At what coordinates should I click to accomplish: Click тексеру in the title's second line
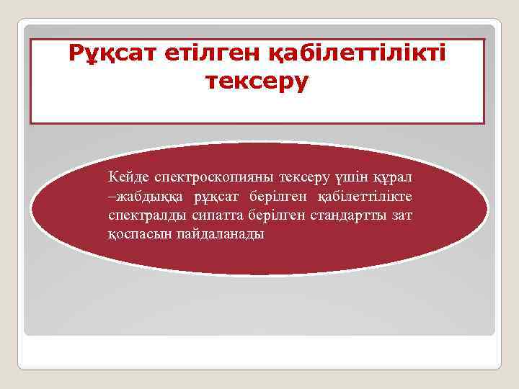click(x=257, y=81)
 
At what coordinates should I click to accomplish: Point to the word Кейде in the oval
click(x=126, y=176)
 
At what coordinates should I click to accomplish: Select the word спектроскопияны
click(x=209, y=176)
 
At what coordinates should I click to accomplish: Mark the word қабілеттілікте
click(x=365, y=196)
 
